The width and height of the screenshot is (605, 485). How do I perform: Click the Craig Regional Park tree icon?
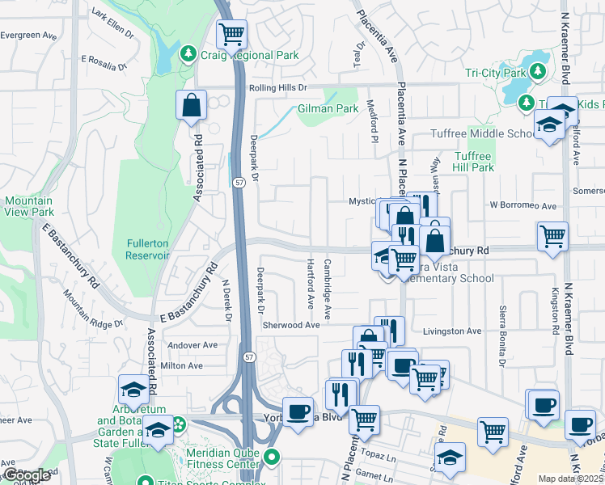(188, 54)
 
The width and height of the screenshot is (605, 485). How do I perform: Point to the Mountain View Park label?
(28, 206)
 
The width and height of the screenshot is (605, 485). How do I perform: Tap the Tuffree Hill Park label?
(473, 162)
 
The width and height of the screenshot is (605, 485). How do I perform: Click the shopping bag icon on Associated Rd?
(192, 106)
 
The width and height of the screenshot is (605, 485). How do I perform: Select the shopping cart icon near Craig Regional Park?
(232, 35)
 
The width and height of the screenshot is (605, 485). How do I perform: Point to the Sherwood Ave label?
(291, 324)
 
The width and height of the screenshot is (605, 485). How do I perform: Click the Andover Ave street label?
(192, 345)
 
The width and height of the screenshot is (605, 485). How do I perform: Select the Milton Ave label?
(182, 365)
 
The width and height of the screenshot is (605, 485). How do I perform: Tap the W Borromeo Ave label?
(523, 205)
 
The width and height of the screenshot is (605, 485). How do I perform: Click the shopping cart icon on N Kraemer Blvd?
(552, 236)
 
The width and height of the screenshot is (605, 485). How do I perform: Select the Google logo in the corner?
(27, 475)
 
